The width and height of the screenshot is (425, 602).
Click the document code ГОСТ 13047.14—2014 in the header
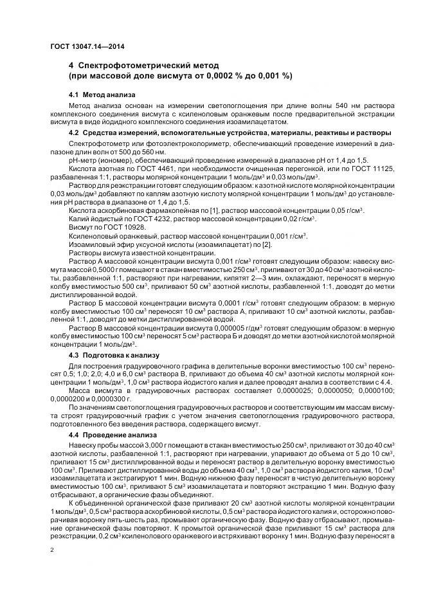[x=87, y=46]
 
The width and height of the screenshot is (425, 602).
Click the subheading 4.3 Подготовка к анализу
[x=110, y=355]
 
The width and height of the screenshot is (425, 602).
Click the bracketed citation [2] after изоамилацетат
[x=249, y=244]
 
